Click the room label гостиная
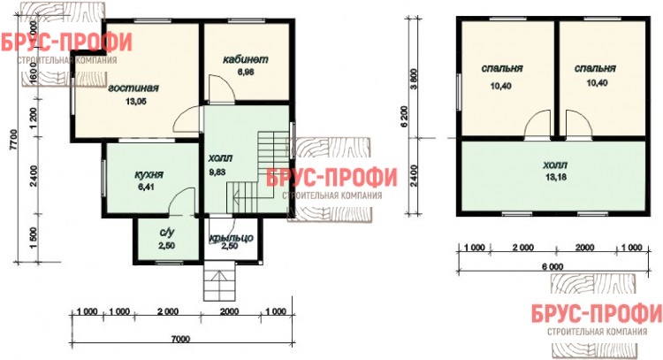(133, 88)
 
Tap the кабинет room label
(245, 59)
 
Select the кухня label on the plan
(149, 175)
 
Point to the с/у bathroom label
(167, 233)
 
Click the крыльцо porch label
(232, 238)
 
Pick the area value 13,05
(136, 102)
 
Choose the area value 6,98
(246, 72)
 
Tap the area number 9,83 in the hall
(217, 172)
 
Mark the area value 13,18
(556, 177)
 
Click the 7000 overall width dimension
(180, 339)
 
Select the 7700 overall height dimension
(13, 139)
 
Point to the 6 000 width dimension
(552, 267)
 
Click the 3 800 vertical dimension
(414, 79)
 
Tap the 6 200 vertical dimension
(404, 117)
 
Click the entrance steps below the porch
(219, 280)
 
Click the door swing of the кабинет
(220, 88)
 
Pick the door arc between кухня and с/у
(182, 202)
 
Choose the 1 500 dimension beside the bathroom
(34, 238)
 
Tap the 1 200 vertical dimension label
(34, 118)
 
